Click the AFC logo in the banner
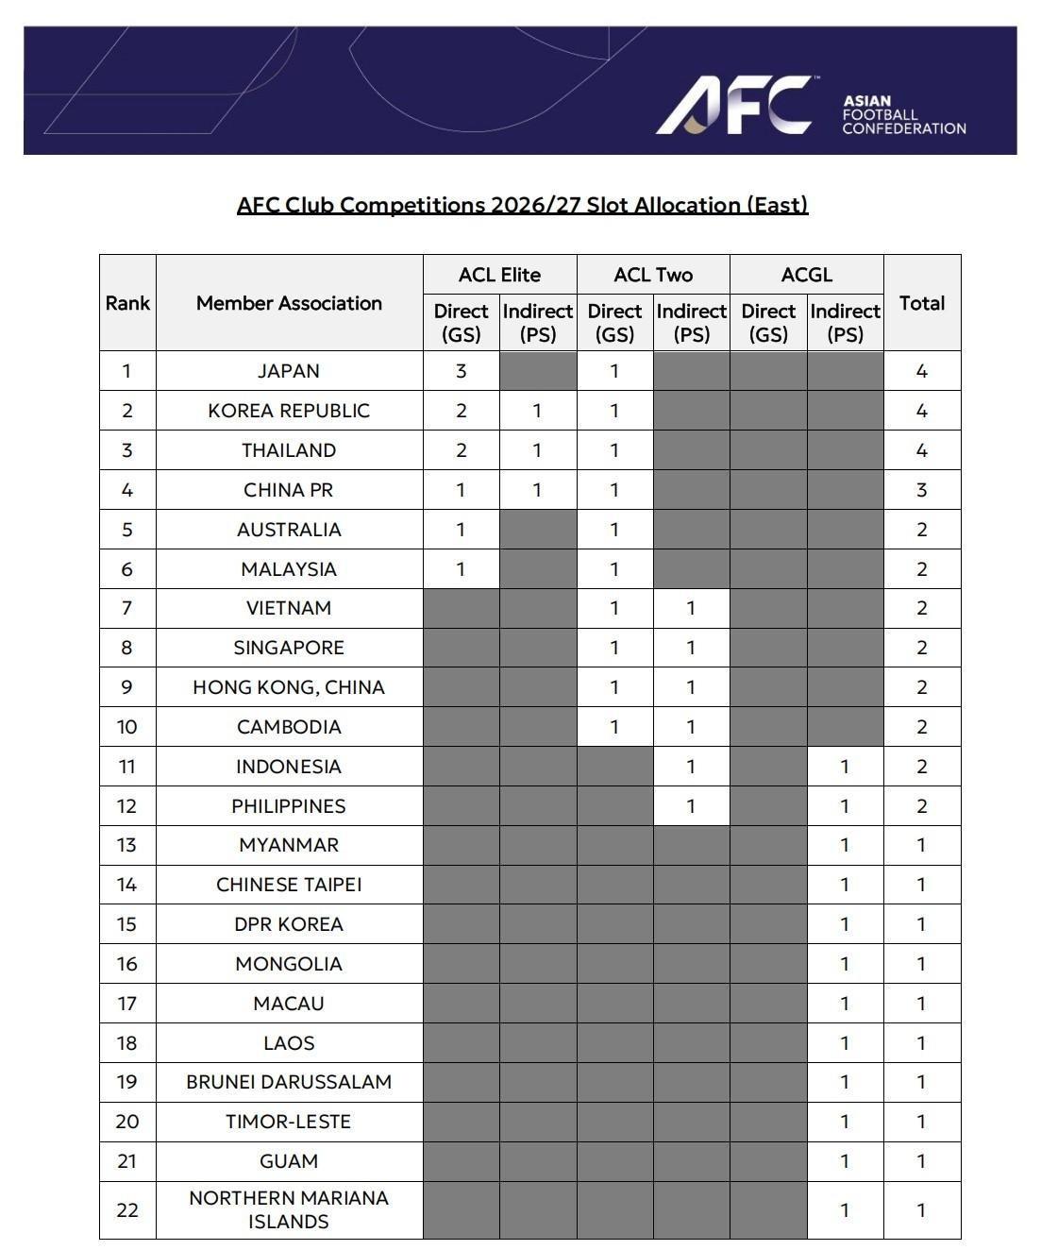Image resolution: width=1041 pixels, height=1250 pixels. tap(733, 105)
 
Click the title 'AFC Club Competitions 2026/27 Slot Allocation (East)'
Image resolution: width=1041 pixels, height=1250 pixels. tap(522, 205)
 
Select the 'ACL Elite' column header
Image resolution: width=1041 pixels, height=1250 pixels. tap(499, 275)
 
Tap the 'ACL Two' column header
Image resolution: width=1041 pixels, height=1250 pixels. tap(653, 275)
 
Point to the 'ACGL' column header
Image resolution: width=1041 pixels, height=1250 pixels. tap(807, 275)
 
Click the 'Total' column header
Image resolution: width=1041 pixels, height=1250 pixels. tap(921, 303)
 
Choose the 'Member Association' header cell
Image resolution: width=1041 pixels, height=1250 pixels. tap(289, 303)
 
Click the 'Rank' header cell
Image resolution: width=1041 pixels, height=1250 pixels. tap(127, 303)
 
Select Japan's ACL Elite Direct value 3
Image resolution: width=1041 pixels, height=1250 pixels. tap(461, 371)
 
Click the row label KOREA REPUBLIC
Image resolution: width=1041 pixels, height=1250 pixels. tap(289, 411)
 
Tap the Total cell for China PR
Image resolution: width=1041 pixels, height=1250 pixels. tap(921, 490)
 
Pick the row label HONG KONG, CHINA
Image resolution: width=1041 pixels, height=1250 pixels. tap(289, 687)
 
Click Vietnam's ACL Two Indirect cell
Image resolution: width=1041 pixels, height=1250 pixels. tap(691, 608)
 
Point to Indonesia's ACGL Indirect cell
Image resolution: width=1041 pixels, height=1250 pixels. tap(845, 767)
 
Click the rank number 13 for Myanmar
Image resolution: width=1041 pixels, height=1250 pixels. tap(127, 845)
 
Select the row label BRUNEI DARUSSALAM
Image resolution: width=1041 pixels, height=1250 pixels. tap(289, 1082)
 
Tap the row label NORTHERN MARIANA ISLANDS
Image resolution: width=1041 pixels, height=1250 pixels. tap(289, 1209)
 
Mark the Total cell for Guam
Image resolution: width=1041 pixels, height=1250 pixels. tap(921, 1161)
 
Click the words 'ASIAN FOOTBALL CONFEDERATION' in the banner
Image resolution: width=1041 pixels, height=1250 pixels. tap(903, 114)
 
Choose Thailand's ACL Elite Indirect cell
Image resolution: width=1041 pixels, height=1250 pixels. tap(537, 450)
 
